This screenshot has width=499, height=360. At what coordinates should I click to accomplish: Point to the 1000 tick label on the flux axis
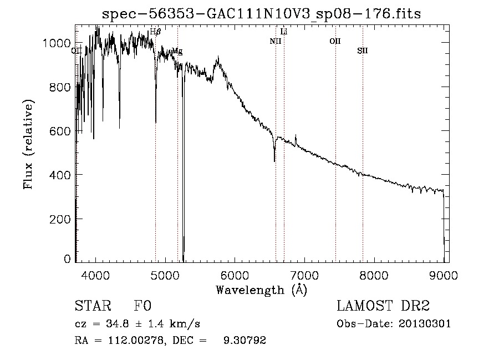point(57,43)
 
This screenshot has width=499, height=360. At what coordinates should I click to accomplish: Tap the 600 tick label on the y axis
point(60,131)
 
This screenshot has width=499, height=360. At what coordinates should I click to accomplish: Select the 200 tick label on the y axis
point(60,219)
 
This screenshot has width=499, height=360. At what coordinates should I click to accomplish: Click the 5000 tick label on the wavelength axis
point(165,275)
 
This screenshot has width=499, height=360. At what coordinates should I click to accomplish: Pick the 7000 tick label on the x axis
point(304,275)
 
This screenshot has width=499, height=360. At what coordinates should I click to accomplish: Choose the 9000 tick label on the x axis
point(444,275)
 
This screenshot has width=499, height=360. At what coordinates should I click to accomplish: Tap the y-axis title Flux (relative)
point(28,145)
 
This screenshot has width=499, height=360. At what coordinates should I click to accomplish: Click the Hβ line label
point(155,32)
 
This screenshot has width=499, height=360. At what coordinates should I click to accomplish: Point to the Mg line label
point(177,51)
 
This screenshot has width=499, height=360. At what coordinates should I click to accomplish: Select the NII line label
point(276,41)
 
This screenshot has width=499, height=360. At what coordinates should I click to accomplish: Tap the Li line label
point(284,32)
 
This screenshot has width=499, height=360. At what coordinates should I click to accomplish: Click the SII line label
point(363,50)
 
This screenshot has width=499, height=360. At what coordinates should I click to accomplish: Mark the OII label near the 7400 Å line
point(335,41)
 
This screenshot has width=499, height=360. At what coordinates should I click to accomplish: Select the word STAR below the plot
point(93,306)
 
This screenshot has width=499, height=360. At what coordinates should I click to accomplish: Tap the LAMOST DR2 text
point(383,306)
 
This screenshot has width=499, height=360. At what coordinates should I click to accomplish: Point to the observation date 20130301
point(427,323)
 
